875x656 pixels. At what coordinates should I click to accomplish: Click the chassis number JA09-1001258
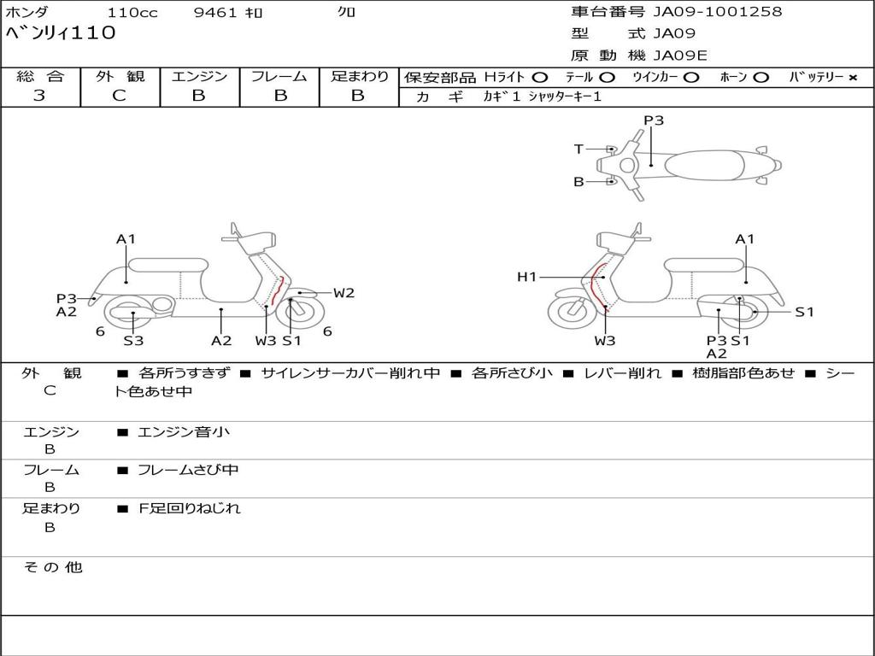coord(717,12)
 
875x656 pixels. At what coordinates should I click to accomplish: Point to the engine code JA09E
coord(680,56)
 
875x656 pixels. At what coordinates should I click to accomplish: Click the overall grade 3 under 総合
coord(39,96)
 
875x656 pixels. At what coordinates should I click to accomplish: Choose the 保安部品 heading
coord(439,77)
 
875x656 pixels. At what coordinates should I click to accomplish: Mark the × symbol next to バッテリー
coord(852,77)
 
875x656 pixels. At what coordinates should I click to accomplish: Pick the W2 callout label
coord(344,293)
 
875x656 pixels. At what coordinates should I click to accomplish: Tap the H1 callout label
coord(527,277)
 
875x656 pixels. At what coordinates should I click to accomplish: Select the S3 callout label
coord(133,341)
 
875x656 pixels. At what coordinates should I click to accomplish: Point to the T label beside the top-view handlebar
coord(578,149)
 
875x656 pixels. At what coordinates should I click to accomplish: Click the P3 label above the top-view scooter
coord(654,120)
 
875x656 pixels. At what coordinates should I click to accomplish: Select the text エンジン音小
coord(183,432)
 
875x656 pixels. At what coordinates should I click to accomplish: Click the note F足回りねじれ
coord(190,508)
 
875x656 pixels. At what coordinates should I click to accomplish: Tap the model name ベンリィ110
coord(61,34)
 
